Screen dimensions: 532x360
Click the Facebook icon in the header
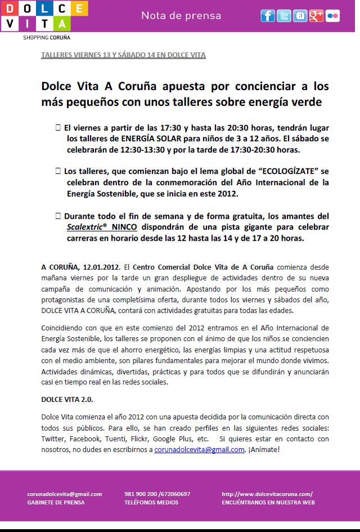point(267,16)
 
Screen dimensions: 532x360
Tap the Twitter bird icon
point(284,16)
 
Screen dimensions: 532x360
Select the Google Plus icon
point(316,16)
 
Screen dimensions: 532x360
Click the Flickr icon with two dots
point(332,16)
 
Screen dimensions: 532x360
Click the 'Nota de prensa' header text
point(181,16)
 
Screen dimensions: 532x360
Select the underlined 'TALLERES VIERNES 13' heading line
point(124,55)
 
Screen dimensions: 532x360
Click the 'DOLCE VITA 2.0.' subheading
point(67,399)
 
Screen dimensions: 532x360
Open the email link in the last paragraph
point(200,449)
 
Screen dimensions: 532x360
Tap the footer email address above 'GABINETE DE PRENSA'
point(65,494)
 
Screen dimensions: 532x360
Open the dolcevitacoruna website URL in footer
point(267,494)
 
